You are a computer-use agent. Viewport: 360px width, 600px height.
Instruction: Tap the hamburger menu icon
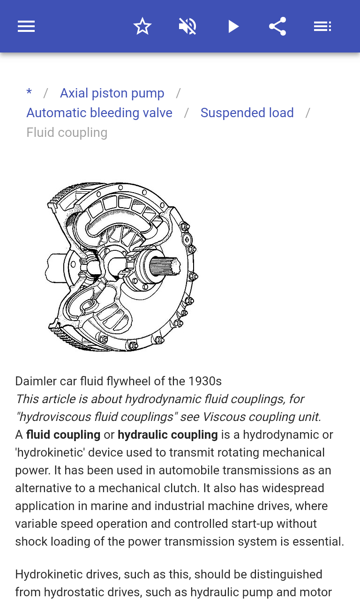coord(26,26)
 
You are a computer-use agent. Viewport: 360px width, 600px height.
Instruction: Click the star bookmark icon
coord(142,26)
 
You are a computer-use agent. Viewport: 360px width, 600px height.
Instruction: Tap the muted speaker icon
coord(187,26)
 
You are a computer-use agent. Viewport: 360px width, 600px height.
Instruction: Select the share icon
coord(277,26)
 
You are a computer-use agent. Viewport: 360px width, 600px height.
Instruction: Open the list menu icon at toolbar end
coord(322,26)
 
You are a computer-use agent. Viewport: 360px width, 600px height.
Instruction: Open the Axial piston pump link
coord(112,93)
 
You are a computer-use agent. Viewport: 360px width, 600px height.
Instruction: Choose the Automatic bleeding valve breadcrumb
coord(99,113)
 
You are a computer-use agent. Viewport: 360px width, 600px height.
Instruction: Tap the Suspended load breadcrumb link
coord(247,113)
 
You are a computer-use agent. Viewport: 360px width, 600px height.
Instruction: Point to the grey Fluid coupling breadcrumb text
coord(67,133)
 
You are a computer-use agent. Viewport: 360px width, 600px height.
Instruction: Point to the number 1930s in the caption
coord(205,381)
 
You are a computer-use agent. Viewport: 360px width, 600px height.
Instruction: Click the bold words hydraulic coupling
coord(168,435)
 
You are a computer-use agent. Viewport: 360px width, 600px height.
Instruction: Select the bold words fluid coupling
coord(63,435)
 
